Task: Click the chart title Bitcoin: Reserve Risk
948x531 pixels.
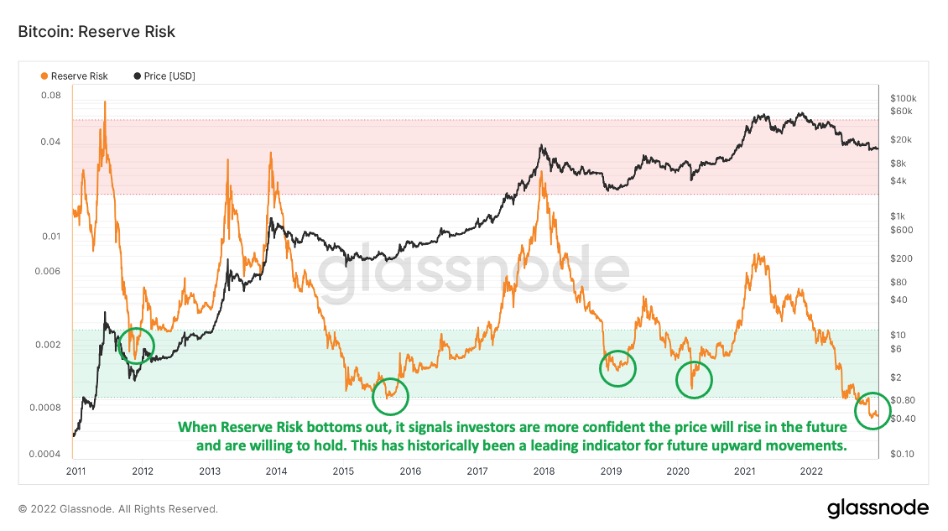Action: pyautogui.click(x=96, y=32)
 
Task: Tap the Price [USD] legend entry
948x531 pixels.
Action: pyautogui.click(x=164, y=76)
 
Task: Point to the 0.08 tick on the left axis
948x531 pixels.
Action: pyautogui.click(x=51, y=96)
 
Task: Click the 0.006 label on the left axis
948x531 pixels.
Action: pyautogui.click(x=49, y=271)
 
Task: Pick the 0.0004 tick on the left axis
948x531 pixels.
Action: pyautogui.click(x=46, y=454)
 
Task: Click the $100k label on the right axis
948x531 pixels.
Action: pyautogui.click(x=903, y=97)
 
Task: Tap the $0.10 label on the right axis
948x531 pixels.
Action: pyautogui.click(x=902, y=454)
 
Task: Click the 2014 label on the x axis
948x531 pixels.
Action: pyautogui.click(x=276, y=471)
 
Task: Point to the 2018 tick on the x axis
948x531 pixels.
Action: pyautogui.click(x=544, y=471)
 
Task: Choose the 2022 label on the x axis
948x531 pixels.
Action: pyautogui.click(x=811, y=471)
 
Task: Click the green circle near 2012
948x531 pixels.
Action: pyautogui.click(x=137, y=345)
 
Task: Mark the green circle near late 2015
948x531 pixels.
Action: pyautogui.click(x=390, y=396)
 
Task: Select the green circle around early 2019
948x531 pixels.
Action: pyautogui.click(x=618, y=367)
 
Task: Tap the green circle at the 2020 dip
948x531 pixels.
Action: pyautogui.click(x=694, y=379)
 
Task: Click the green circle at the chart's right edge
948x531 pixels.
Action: pyautogui.click(x=873, y=410)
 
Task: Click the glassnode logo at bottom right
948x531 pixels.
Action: pyautogui.click(x=878, y=508)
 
